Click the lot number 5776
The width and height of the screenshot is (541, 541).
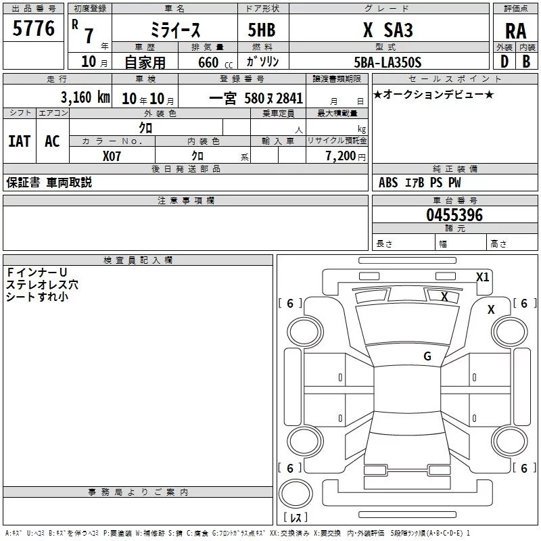34,28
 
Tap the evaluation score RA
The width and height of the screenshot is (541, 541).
515,31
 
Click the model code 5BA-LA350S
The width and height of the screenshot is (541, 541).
387,62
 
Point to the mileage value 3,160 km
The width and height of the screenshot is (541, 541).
85,97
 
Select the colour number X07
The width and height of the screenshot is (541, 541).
112,156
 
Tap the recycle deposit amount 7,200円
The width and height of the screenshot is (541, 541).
346,156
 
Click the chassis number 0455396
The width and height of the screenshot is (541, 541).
454,215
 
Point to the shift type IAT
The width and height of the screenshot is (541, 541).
20,141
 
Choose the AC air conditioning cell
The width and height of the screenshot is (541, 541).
52,141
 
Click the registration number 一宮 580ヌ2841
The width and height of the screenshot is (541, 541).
256,97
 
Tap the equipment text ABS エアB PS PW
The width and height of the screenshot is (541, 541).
420,183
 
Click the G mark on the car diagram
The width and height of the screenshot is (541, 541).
427,356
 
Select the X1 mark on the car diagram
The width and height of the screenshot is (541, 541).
482,277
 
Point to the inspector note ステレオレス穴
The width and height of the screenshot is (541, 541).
42,284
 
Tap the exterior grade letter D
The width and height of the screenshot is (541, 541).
504,62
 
